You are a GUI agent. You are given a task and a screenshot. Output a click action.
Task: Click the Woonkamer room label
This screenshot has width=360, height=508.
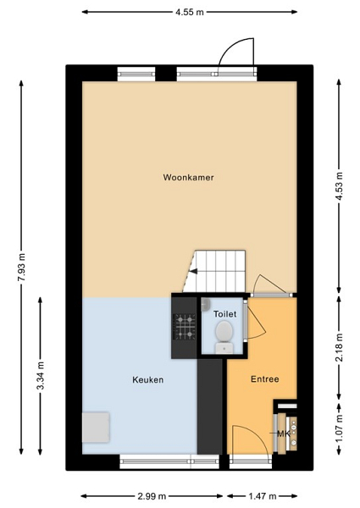coord(188,177)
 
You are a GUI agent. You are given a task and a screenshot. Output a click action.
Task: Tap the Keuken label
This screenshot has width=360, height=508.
coord(147,379)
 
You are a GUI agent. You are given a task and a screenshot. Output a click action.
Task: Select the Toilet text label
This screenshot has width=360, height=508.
coord(224,314)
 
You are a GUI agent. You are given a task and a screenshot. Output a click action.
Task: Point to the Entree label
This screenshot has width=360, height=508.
coord(265,379)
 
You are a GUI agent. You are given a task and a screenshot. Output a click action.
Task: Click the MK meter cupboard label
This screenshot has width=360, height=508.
coord(284,433)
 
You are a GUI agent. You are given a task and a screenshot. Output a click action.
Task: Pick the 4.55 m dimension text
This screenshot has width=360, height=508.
coord(190,13)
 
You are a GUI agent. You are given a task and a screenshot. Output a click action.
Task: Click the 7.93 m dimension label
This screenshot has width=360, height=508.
coord(22,268)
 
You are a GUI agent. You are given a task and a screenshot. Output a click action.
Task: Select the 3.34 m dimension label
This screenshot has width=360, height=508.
coord(41,377)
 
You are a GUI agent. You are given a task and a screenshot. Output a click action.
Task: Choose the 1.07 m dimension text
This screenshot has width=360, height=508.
coord(340,428)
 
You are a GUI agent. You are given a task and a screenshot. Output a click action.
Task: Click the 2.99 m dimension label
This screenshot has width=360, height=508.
coord(152,496)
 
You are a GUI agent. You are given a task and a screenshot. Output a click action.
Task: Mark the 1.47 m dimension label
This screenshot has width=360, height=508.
coord(262,496)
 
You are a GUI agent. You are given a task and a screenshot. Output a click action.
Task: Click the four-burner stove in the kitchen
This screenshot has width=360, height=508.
coord(185,327)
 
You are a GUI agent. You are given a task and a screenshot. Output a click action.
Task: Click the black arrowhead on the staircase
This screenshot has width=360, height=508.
coord(193,272)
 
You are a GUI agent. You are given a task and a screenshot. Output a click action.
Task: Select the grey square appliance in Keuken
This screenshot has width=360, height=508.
coord(96,428)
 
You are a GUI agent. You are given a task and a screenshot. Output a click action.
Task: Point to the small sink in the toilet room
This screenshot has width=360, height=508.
coord(206,305)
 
